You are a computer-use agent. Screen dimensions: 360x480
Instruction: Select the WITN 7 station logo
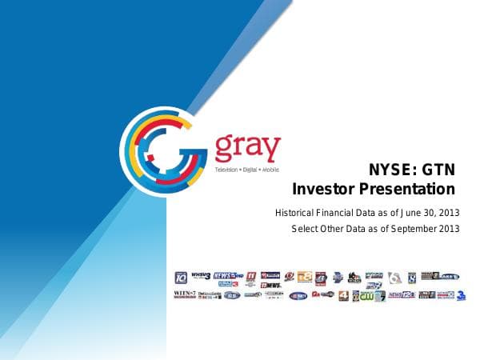coord(184,294)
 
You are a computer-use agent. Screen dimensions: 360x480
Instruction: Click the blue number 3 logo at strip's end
coord(462,295)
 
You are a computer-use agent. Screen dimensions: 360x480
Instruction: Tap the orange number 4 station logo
coord(343,295)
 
